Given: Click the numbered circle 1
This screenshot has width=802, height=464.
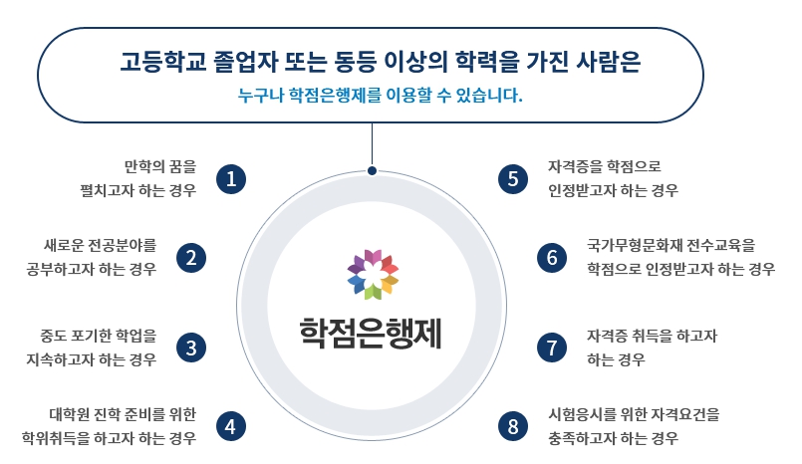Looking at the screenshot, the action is (x=231, y=179).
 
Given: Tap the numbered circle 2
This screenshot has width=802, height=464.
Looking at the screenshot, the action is (x=191, y=258).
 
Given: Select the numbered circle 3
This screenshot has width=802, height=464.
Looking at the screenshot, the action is (x=191, y=348).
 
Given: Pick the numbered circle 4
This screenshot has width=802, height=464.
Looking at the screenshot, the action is (x=231, y=426).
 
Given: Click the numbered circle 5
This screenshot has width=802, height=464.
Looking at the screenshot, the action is (x=513, y=179).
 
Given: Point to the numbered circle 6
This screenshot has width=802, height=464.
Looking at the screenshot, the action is (x=552, y=258).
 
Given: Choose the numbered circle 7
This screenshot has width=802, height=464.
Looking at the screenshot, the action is (x=552, y=348).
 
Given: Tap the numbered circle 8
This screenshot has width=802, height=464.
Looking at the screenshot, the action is (x=513, y=426).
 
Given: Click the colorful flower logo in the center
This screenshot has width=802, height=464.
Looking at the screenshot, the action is (x=373, y=275).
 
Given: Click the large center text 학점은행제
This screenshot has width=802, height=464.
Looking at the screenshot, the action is (x=371, y=334).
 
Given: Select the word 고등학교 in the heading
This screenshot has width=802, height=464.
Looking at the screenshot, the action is (x=163, y=62).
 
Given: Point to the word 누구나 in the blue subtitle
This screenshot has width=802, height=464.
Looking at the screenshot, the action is (x=260, y=95).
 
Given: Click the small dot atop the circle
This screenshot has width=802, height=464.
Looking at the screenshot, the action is (x=372, y=170).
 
